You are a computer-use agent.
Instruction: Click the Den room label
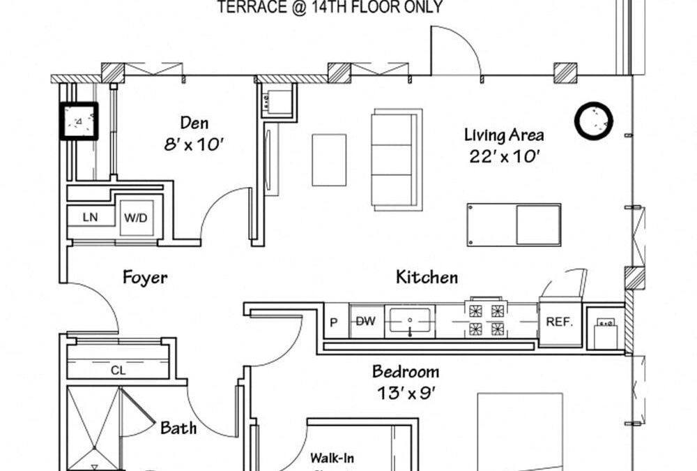tap(195, 124)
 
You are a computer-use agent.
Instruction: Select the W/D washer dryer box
tap(136, 218)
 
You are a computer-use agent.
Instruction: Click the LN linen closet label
tap(90, 218)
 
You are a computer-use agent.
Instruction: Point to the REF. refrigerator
tap(559, 322)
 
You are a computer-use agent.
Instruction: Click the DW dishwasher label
tap(366, 322)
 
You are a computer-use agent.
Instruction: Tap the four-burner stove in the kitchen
tap(487, 319)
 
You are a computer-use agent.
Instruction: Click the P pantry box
tap(335, 322)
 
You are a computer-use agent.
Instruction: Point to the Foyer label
tap(145, 278)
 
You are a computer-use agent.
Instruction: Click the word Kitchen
tap(427, 278)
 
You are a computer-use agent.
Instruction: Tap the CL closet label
tap(118, 371)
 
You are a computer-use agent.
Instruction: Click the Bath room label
tap(178, 428)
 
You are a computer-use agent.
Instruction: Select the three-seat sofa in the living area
tap(397, 158)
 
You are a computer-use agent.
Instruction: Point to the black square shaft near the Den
tap(78, 121)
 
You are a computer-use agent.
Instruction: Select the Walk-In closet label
tap(332, 458)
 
